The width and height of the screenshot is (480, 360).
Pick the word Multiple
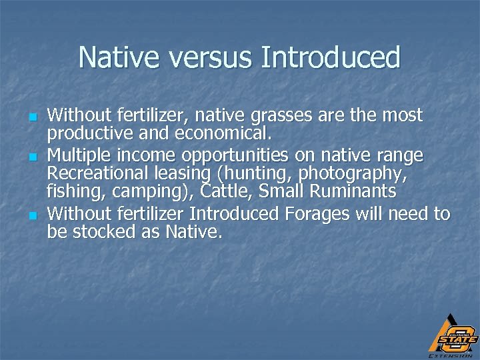[x=81, y=156]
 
